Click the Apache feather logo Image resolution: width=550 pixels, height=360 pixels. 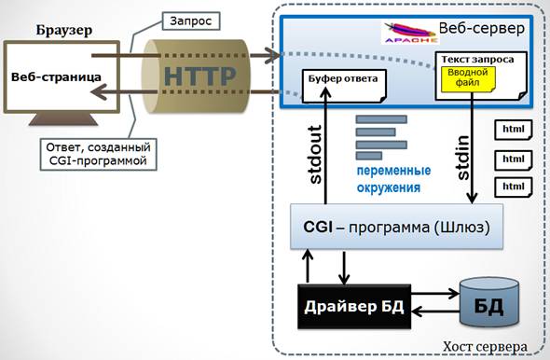point(409,33)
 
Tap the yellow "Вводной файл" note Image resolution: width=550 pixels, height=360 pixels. point(468,79)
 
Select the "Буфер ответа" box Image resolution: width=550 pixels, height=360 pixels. point(344,86)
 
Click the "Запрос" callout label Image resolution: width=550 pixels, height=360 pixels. point(191,21)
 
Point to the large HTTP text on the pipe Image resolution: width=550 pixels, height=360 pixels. point(199,76)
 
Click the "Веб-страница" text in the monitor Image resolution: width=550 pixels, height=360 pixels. point(56,76)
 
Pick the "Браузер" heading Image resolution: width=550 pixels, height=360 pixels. point(64,30)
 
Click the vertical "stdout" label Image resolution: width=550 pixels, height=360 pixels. point(316,155)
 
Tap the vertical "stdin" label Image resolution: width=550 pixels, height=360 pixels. point(463,158)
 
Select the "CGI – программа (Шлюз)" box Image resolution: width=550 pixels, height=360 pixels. point(396,227)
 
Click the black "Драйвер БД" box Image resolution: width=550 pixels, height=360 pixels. point(354,307)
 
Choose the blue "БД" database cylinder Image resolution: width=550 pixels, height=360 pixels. point(489,302)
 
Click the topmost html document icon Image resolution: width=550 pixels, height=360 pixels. point(514,130)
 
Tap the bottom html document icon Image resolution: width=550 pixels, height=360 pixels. point(514,187)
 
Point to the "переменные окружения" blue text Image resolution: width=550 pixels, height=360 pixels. point(393,179)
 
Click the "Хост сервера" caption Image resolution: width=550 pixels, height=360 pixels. point(485,347)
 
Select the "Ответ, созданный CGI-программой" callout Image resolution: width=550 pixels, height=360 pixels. point(98,155)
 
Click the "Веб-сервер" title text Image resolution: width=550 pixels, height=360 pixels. point(482,28)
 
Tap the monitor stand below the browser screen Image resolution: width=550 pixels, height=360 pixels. point(63,119)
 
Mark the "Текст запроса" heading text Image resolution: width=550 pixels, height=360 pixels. point(477,60)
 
